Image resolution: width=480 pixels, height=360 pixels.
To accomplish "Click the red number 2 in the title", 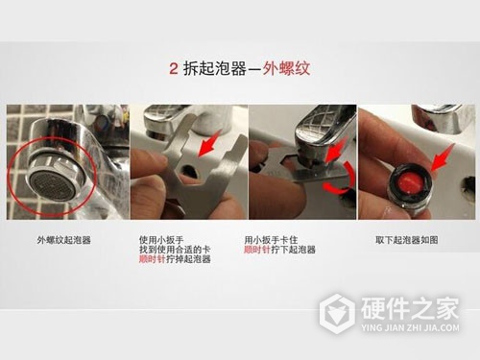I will point(172,69).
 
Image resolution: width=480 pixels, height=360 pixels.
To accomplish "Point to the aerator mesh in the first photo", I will point(48,178).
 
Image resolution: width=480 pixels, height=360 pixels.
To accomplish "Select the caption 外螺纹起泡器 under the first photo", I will point(64,239).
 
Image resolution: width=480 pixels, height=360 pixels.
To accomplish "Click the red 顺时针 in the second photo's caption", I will point(155,259).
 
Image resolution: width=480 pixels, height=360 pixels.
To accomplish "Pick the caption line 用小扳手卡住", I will point(271,239).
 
